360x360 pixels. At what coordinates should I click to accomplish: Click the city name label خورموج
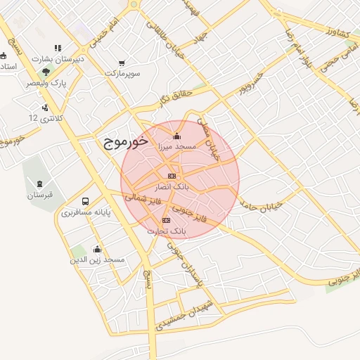[x=124, y=142]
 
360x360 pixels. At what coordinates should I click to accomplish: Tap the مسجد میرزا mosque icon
[x=176, y=136]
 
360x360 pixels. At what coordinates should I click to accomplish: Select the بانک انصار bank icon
[x=171, y=175]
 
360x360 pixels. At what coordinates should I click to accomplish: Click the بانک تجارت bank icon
[x=166, y=220]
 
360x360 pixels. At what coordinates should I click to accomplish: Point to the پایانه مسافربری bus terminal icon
[x=86, y=200]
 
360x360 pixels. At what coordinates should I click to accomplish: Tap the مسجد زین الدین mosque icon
[x=96, y=250]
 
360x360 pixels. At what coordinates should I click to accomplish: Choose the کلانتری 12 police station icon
[x=45, y=108]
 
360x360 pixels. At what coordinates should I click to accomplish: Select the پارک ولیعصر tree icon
[x=46, y=72]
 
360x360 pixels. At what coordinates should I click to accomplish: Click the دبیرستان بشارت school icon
[x=58, y=49]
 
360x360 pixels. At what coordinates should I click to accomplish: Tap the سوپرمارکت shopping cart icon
[x=123, y=62]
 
